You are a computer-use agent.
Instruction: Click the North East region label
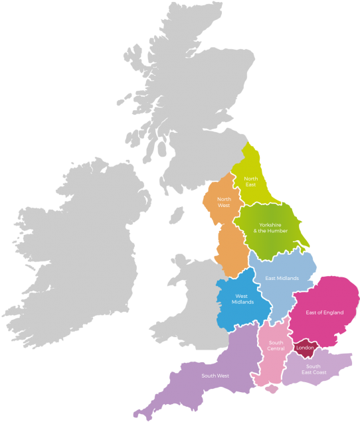click(x=250, y=181)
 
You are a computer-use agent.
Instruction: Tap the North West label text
click(x=225, y=202)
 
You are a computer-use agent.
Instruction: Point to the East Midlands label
click(x=282, y=278)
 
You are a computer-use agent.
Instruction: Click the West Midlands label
click(x=242, y=299)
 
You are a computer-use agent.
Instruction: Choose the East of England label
click(x=324, y=312)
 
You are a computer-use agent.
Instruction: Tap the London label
click(x=306, y=348)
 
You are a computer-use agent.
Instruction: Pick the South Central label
click(x=276, y=346)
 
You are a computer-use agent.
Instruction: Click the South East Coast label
click(x=313, y=369)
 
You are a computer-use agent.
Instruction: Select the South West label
click(x=215, y=376)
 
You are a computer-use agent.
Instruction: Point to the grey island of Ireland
click(x=80, y=246)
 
